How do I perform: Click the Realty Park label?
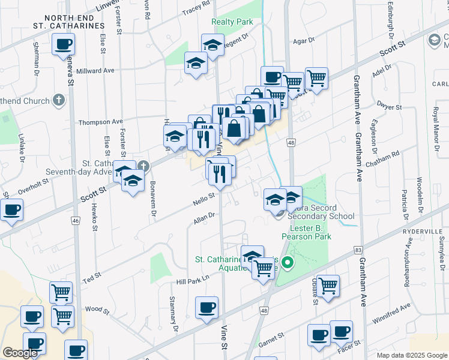(x=232, y=22)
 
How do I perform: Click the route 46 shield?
(x=76, y=221)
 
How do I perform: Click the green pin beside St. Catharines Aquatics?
(x=288, y=262)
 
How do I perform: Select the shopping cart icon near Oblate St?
(x=328, y=286)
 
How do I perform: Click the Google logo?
(x=20, y=353)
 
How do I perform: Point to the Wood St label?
(x=97, y=310)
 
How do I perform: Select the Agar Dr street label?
(x=304, y=41)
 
